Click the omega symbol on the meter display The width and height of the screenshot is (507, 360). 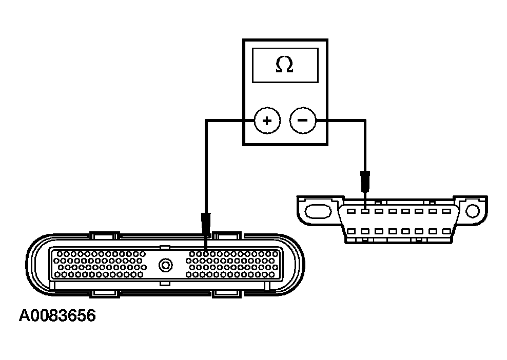tap(284, 65)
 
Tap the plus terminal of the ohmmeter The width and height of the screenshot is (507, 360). tap(266, 121)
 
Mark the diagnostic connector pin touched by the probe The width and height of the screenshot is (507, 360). tap(364, 211)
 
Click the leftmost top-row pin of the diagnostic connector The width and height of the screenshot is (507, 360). tap(350, 211)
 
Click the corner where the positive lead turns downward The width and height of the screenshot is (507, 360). tap(206, 121)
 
